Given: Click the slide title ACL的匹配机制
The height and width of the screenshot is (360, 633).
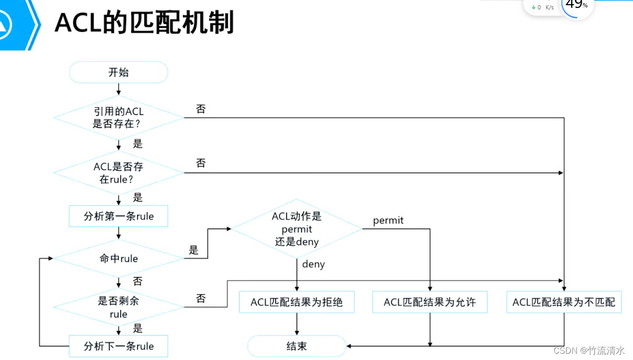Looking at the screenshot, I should point(144,22).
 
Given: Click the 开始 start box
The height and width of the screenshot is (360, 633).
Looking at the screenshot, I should point(119,72).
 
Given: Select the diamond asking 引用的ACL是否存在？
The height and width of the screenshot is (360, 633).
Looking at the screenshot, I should point(119,118).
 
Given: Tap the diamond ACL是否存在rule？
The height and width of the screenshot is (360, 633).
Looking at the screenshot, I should point(119,173).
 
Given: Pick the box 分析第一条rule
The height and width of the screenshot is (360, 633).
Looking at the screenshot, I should point(119,216).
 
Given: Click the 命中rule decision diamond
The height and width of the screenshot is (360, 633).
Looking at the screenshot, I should point(119,258).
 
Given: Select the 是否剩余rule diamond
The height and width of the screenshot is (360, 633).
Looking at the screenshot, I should point(119,307).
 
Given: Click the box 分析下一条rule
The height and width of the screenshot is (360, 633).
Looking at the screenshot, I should point(119,346).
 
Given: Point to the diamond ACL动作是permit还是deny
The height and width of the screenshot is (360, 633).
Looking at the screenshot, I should point(296,229).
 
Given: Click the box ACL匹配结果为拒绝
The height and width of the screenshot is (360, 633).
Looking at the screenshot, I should point(296,302).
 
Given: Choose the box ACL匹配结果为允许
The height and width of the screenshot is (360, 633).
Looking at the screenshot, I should point(430,302).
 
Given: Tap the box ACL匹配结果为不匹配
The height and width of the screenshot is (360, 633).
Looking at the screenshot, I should point(563,302).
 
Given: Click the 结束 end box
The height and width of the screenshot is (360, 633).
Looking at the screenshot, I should point(296,346).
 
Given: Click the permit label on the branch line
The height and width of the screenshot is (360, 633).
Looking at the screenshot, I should point(388,220).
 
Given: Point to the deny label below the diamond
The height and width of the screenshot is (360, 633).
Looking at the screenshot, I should point(313,264).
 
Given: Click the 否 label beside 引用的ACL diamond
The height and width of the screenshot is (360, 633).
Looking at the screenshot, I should point(201,109).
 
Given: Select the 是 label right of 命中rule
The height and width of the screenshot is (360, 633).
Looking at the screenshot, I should point(194,250).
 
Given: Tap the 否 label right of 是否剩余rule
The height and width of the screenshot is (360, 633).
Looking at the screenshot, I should point(201,299).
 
